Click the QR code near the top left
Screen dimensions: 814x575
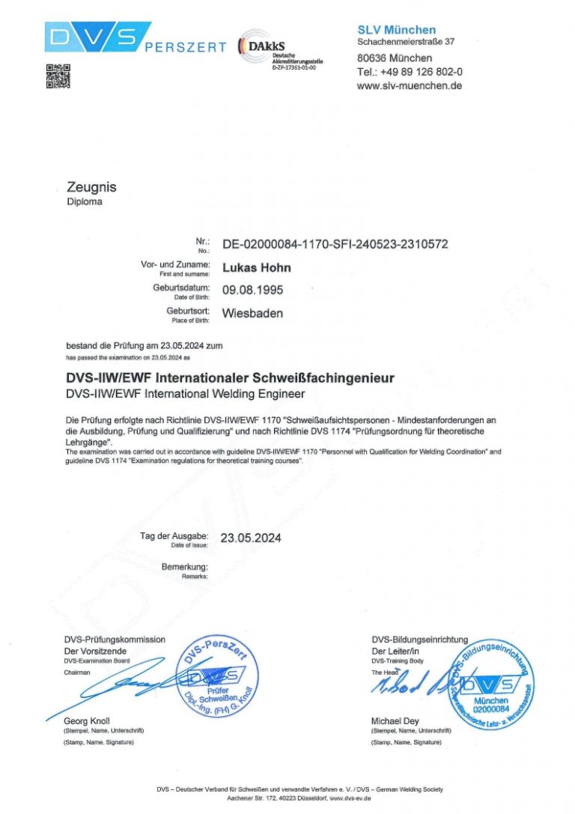(58, 76)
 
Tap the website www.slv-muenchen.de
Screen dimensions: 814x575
(409, 85)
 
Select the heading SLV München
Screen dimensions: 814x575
(396, 30)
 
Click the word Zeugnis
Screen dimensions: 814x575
(91, 187)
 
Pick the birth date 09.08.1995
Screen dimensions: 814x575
(253, 290)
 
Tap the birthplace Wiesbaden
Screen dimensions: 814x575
(252, 313)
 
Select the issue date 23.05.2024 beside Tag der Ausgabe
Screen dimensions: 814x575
(251, 538)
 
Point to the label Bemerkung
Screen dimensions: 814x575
(184, 567)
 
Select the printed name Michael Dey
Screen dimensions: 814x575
(400, 721)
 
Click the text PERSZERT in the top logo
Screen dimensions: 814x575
(185, 47)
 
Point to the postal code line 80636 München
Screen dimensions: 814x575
(394, 58)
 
